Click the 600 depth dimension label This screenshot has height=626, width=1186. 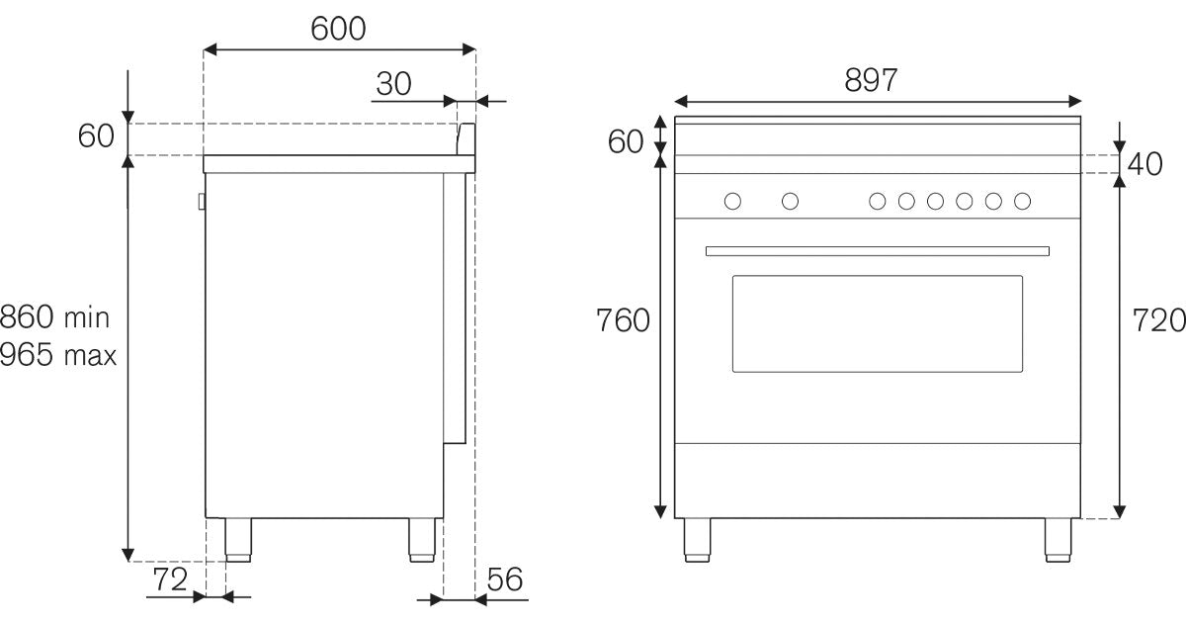pyautogui.click(x=338, y=29)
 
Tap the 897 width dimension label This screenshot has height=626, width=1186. pyautogui.click(x=871, y=81)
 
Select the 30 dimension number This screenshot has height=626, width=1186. pyautogui.click(x=393, y=84)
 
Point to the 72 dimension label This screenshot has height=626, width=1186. pyautogui.click(x=169, y=581)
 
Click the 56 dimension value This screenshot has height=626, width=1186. pyautogui.click(x=503, y=581)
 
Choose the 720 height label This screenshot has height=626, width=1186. pyautogui.click(x=1157, y=320)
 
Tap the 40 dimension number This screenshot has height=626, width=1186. pyautogui.click(x=1145, y=164)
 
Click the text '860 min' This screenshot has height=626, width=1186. pyautogui.click(x=55, y=318)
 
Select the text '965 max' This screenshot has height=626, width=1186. pyautogui.click(x=58, y=354)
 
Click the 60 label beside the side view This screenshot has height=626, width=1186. pyautogui.click(x=97, y=136)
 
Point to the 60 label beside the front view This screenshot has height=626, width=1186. pyautogui.click(x=625, y=142)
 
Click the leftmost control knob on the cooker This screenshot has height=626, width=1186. pyautogui.click(x=732, y=202)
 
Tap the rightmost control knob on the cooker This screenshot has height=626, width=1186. pyautogui.click(x=1022, y=202)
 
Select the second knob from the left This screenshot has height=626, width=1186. pyautogui.click(x=790, y=202)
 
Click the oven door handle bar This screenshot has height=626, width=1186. pyautogui.click(x=877, y=251)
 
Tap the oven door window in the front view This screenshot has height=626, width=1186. pyautogui.click(x=877, y=323)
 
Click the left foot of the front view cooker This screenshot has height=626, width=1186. pyautogui.click(x=697, y=540)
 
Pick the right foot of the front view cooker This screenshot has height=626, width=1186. pyautogui.click(x=1058, y=540)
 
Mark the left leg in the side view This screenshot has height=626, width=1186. pyautogui.click(x=237, y=539)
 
